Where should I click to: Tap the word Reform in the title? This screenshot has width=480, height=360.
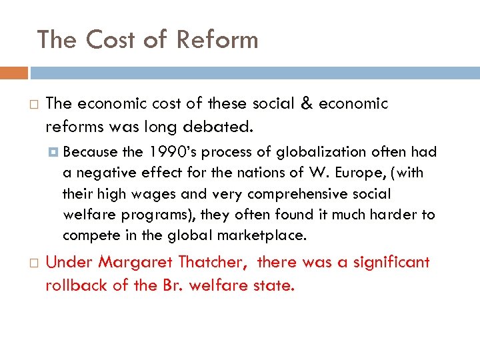click(x=217, y=40)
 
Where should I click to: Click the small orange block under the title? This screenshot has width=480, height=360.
click(x=14, y=73)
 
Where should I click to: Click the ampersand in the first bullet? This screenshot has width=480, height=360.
click(x=306, y=104)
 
